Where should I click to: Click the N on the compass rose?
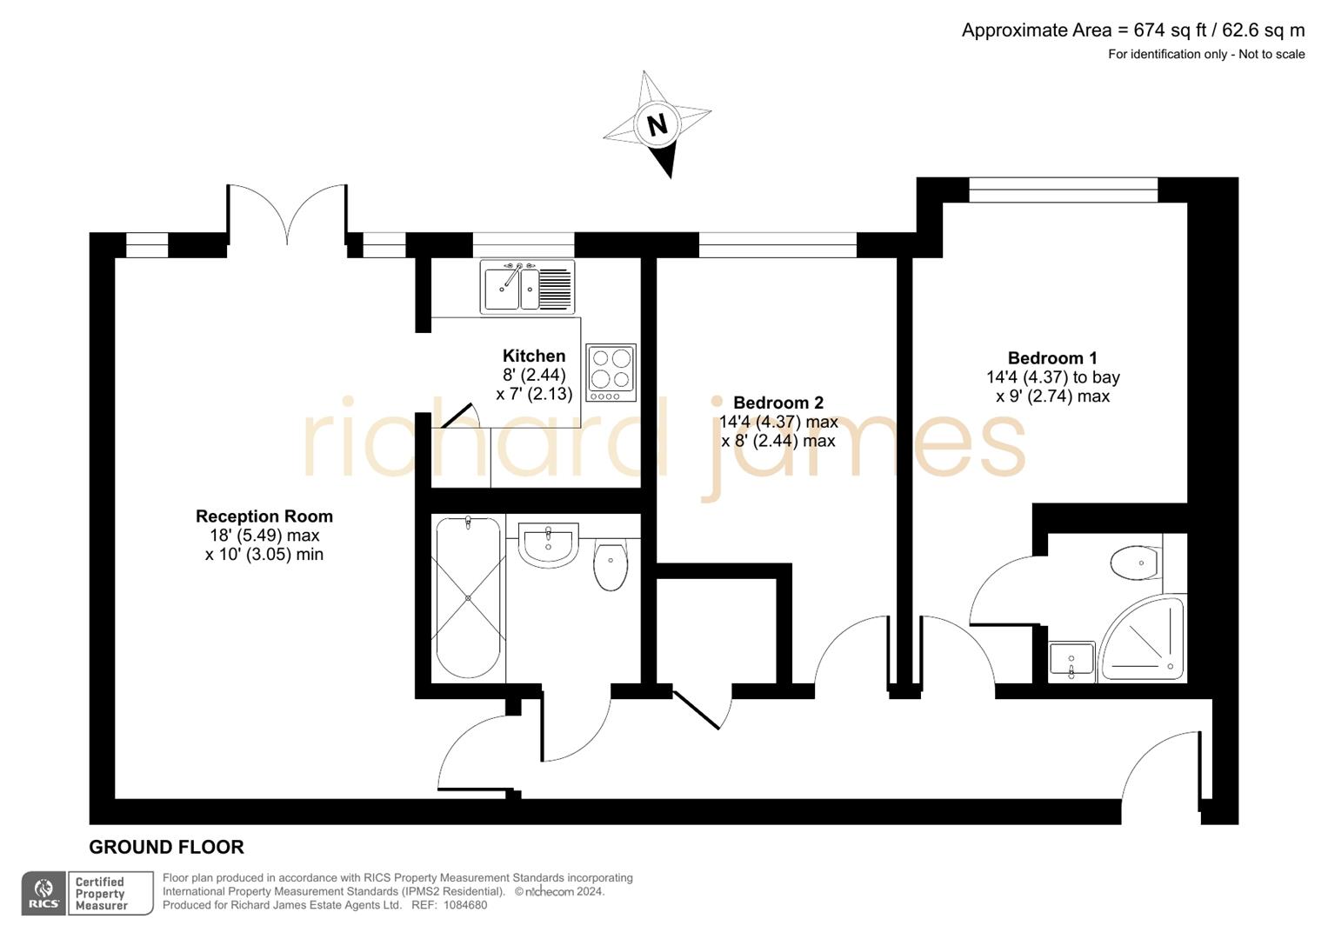(657, 124)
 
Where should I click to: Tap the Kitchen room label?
(534, 356)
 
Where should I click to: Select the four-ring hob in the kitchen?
(611, 372)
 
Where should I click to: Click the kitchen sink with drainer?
(527, 287)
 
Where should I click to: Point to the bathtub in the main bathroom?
(468, 598)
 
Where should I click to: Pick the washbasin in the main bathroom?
(548, 544)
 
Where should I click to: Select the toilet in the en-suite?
(1136, 563)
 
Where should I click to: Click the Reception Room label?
(264, 516)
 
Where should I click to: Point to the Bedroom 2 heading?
(778, 403)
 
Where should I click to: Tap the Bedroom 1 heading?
(1052, 358)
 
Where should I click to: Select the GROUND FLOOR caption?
(166, 847)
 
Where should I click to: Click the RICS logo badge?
(43, 894)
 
